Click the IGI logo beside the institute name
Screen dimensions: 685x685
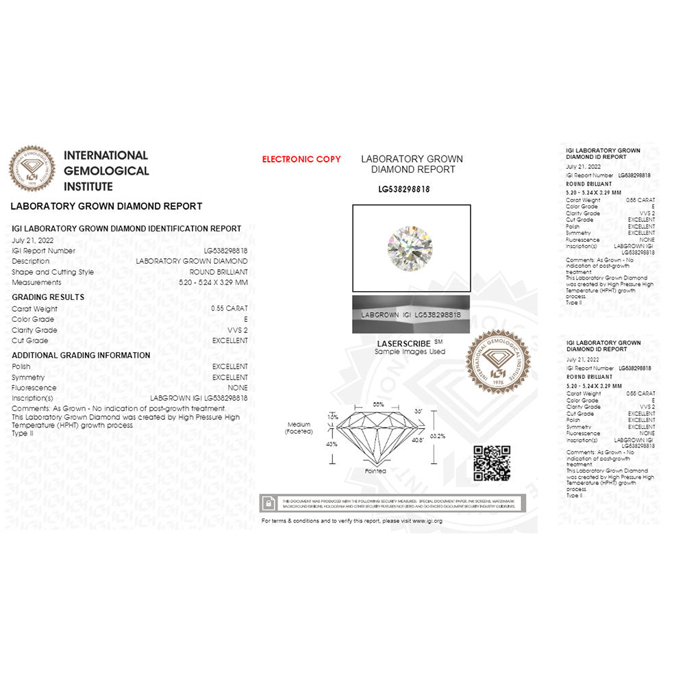pos(32,169)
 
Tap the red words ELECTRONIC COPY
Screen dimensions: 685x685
pos(301,160)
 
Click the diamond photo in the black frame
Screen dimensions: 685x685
pos(410,247)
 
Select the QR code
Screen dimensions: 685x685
pos(492,463)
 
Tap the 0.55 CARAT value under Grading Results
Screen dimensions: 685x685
pos(229,309)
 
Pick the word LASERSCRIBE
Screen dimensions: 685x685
pos(404,343)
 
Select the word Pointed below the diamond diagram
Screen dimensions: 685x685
pos(375,471)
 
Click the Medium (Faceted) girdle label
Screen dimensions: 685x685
pos(299,428)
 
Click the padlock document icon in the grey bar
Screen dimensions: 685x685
pos(270,503)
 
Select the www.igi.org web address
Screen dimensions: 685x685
pos(427,521)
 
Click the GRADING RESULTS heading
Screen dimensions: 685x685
pos(48,297)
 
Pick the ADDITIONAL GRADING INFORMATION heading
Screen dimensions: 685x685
pos(81,356)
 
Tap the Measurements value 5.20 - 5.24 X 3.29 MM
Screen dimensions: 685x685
pos(213,282)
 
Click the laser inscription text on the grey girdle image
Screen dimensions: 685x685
pos(410,314)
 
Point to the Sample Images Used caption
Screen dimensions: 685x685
pos(410,351)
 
